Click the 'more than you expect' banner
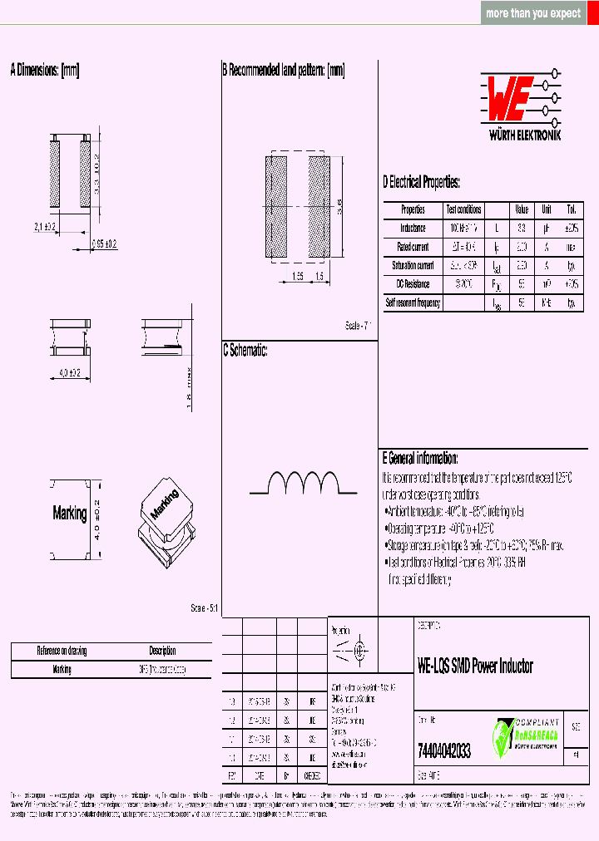pos(533,13)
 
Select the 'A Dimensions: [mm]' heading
pos(45,71)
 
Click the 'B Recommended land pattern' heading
pos(283,71)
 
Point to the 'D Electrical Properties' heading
pos(421,183)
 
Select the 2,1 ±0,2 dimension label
pos(44,226)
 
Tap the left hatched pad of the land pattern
pos(275,206)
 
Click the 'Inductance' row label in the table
pos(413,228)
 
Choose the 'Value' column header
pos(521,209)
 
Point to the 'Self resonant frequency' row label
pos(413,303)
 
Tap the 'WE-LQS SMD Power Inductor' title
pos(474,666)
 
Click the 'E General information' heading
pos(420,458)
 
